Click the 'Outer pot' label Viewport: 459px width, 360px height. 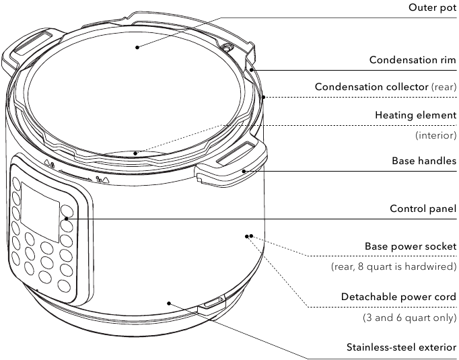[x=432, y=7]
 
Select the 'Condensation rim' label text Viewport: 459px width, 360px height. [x=413, y=60]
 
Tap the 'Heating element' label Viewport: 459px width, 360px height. [x=416, y=115]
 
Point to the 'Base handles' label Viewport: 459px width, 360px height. [x=424, y=161]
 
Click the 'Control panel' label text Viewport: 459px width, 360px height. [x=423, y=209]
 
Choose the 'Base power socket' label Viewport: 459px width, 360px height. [x=411, y=246]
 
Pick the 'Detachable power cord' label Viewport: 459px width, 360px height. [x=398, y=297]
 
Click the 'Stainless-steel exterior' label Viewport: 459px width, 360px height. [x=401, y=347]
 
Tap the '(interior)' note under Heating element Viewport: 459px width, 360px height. [x=436, y=135]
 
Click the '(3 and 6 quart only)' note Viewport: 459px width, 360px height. [x=409, y=318]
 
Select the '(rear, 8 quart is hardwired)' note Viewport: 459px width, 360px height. [x=394, y=266]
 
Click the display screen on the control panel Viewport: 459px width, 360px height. [x=40, y=212]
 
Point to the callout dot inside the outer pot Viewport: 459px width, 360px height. [x=137, y=47]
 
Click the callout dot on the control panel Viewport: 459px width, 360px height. [x=67, y=219]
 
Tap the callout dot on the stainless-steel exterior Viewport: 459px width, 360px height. [x=169, y=303]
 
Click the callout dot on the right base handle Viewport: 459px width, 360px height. [x=244, y=171]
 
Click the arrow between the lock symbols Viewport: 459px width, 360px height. [x=75, y=174]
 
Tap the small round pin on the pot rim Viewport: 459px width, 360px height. [x=226, y=47]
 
